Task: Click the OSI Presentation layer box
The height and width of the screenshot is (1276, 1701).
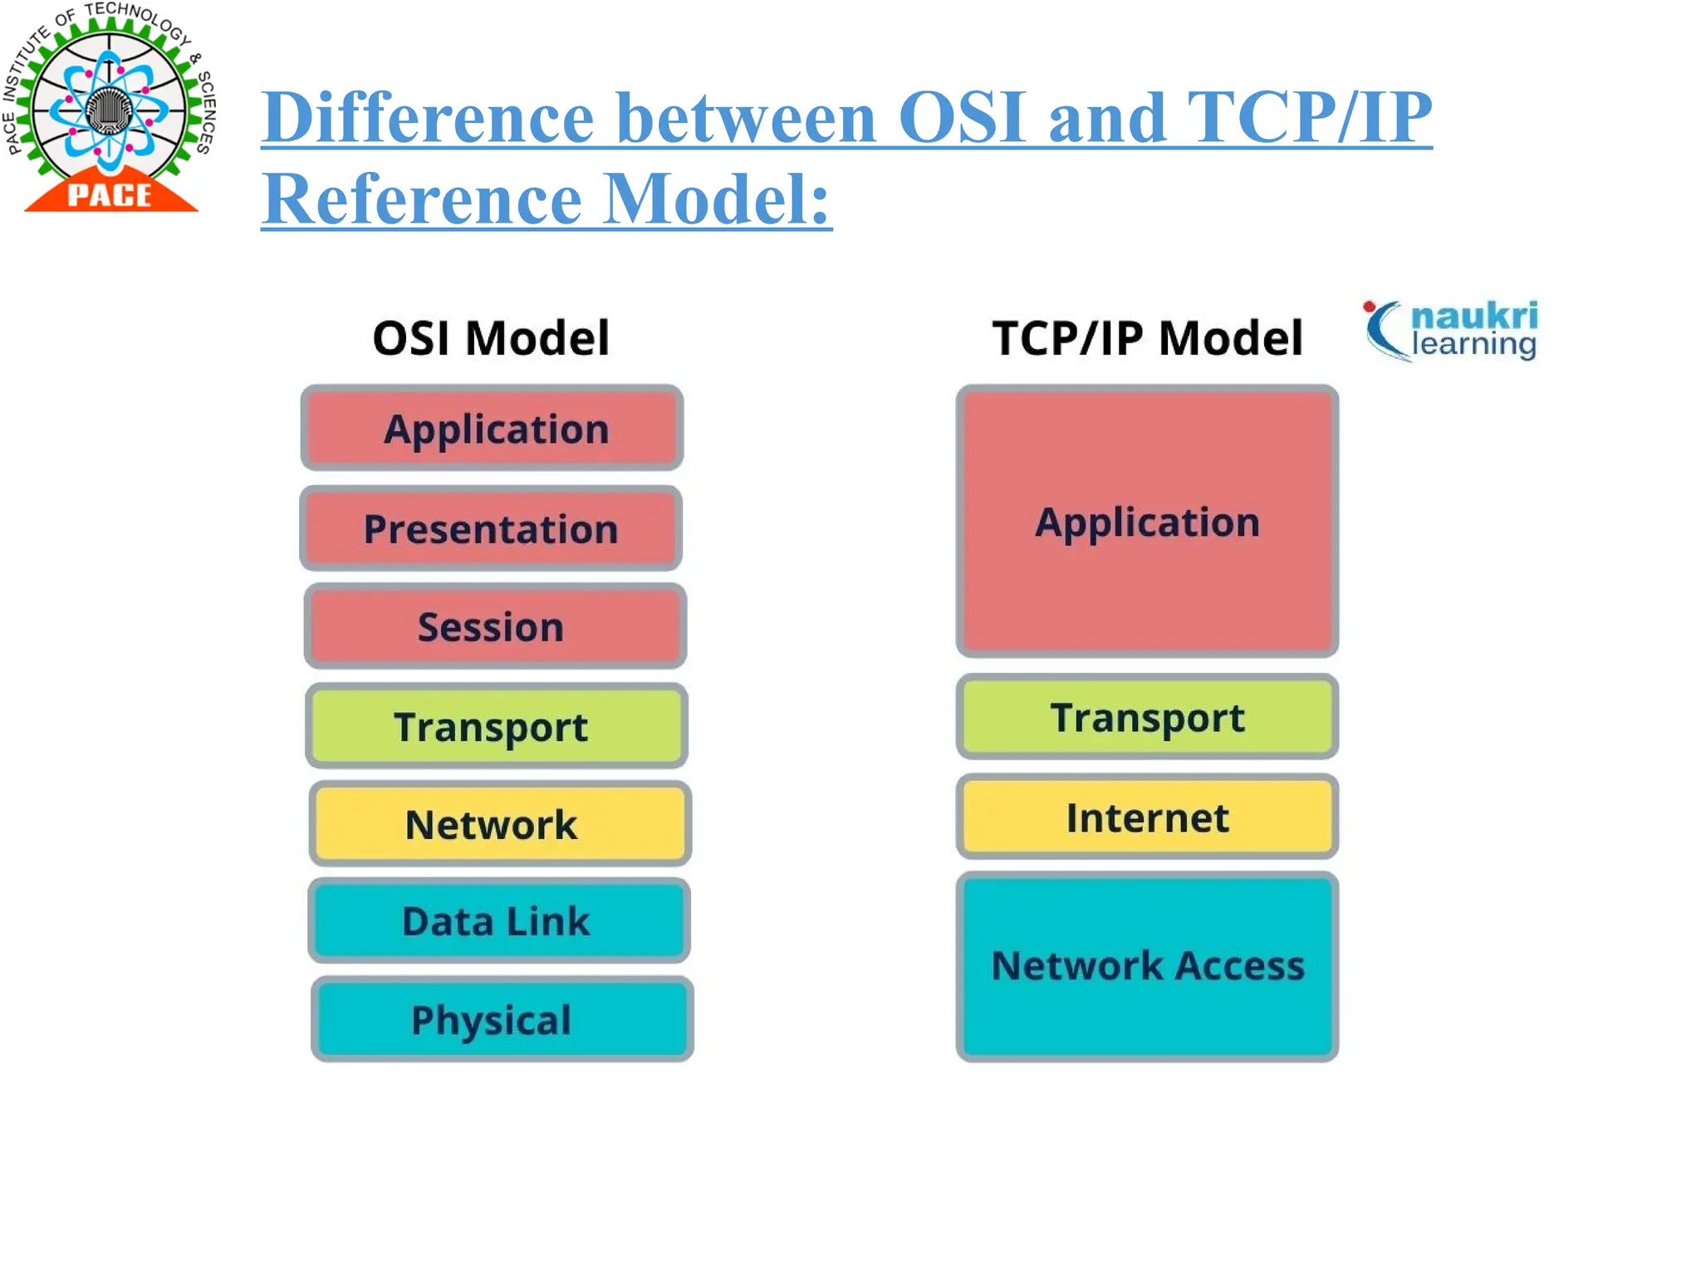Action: pyautogui.click(x=491, y=529)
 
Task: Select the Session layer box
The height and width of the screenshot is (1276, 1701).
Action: pyautogui.click(x=495, y=626)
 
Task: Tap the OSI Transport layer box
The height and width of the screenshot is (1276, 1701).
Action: pyautogui.click(x=496, y=726)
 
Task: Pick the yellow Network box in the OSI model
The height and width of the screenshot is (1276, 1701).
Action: pyautogui.click(x=499, y=824)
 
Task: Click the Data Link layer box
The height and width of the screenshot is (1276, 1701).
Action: pyautogui.click(x=498, y=921)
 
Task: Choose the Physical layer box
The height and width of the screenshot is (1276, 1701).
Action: pyautogui.click(x=502, y=1019)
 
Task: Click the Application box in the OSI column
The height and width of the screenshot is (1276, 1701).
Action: pyautogui.click(x=492, y=429)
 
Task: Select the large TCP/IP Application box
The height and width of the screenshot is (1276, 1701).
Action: pyautogui.click(x=1147, y=522)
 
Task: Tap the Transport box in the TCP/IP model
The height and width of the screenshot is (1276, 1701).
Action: pyautogui.click(x=1147, y=717)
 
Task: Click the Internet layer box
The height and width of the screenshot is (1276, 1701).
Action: pyautogui.click(x=1147, y=817)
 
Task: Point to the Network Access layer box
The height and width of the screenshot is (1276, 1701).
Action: pyautogui.click(x=1147, y=966)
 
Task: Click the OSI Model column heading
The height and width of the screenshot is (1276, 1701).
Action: pyautogui.click(x=491, y=338)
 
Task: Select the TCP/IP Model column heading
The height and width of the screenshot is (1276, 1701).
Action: pyautogui.click(x=1147, y=338)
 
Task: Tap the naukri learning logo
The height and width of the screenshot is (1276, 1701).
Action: pyautogui.click(x=1451, y=331)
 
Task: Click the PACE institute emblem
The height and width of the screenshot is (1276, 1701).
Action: pyautogui.click(x=110, y=106)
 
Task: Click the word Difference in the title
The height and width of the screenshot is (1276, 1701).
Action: pyautogui.click(x=429, y=118)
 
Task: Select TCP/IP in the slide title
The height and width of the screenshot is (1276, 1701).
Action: pyautogui.click(x=1309, y=118)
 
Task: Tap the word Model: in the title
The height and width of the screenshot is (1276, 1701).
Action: pyautogui.click(x=716, y=199)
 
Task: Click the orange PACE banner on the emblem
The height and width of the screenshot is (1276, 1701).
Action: pyautogui.click(x=110, y=195)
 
